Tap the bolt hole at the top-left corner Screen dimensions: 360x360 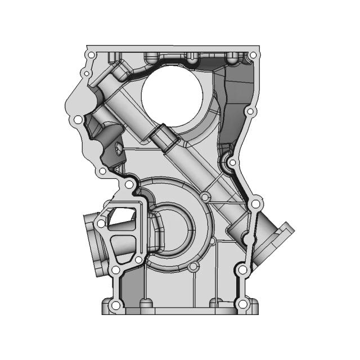[91, 55]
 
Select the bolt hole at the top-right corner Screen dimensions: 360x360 [253, 55]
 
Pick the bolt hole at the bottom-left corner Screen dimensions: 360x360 [115, 305]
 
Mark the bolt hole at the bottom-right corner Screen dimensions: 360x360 [242, 304]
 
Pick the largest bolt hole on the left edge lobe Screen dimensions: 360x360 [78, 120]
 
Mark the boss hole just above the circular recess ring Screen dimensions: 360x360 [206, 197]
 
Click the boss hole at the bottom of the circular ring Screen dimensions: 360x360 [195, 268]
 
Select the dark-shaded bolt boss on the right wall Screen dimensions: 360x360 [232, 163]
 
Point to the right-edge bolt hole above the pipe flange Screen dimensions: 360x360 [254, 202]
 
